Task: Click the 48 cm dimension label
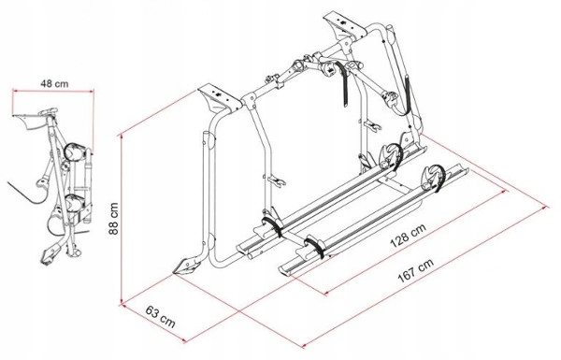click(54, 84)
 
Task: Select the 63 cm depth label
click(161, 316)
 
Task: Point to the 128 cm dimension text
click(409, 236)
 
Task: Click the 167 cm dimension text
click(416, 270)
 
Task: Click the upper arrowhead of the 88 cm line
click(122, 137)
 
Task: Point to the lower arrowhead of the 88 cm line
click(122, 301)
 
